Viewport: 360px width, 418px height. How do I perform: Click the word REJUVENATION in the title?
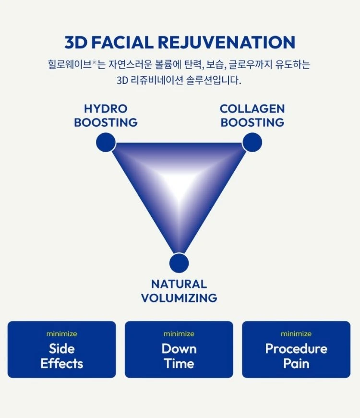pyautogui.click(x=227, y=42)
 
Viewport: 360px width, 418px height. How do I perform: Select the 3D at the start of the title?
pyautogui.click(x=76, y=42)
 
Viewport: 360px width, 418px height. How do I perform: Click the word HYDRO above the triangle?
pyautogui.click(x=106, y=109)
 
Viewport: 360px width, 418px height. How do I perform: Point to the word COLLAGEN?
pyautogui.click(x=252, y=109)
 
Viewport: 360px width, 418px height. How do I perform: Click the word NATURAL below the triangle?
pyautogui.click(x=179, y=284)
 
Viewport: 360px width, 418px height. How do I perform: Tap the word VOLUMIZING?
pyautogui.click(x=179, y=298)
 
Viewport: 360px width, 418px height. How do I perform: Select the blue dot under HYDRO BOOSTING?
pyautogui.click(x=106, y=142)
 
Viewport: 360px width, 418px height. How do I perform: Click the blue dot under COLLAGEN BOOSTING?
pyautogui.click(x=252, y=142)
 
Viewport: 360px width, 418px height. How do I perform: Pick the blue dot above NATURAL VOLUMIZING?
pyautogui.click(x=179, y=263)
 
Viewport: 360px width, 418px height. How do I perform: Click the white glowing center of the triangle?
pyautogui.click(x=179, y=184)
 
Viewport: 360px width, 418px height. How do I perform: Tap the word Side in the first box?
pyautogui.click(x=61, y=349)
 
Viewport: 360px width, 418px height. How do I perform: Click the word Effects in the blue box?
pyautogui.click(x=61, y=364)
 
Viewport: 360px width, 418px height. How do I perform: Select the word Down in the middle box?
pyautogui.click(x=179, y=349)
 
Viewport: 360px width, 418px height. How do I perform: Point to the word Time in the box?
pyautogui.click(x=179, y=364)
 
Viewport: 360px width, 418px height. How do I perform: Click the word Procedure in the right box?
pyautogui.click(x=296, y=349)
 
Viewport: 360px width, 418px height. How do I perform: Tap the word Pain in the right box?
pyautogui.click(x=296, y=364)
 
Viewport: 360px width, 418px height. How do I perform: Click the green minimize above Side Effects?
pyautogui.click(x=61, y=334)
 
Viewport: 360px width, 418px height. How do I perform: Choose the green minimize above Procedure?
pyautogui.click(x=296, y=334)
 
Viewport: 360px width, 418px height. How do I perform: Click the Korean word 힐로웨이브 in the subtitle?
pyautogui.click(x=70, y=64)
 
